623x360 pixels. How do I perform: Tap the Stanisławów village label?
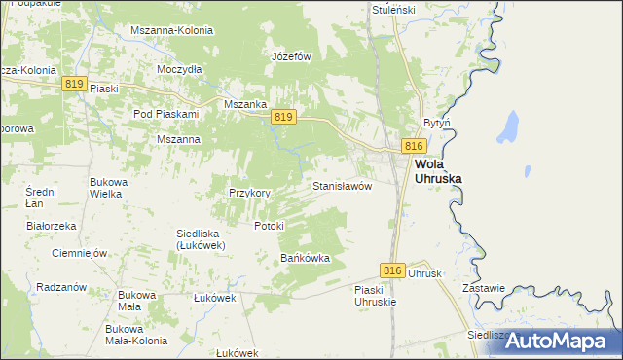342,185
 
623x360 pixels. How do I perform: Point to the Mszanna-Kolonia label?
171,30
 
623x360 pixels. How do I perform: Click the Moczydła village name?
179,69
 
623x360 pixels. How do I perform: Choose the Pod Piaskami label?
165,114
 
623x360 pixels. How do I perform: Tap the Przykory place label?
249,193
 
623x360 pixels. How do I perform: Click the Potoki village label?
269,226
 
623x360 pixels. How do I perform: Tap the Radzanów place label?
61,287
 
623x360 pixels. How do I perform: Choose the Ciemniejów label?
78,253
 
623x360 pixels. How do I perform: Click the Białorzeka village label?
52,225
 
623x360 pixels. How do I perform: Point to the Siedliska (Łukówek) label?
202,238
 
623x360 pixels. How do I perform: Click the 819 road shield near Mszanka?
283,117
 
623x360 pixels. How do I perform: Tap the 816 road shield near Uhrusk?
392,270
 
